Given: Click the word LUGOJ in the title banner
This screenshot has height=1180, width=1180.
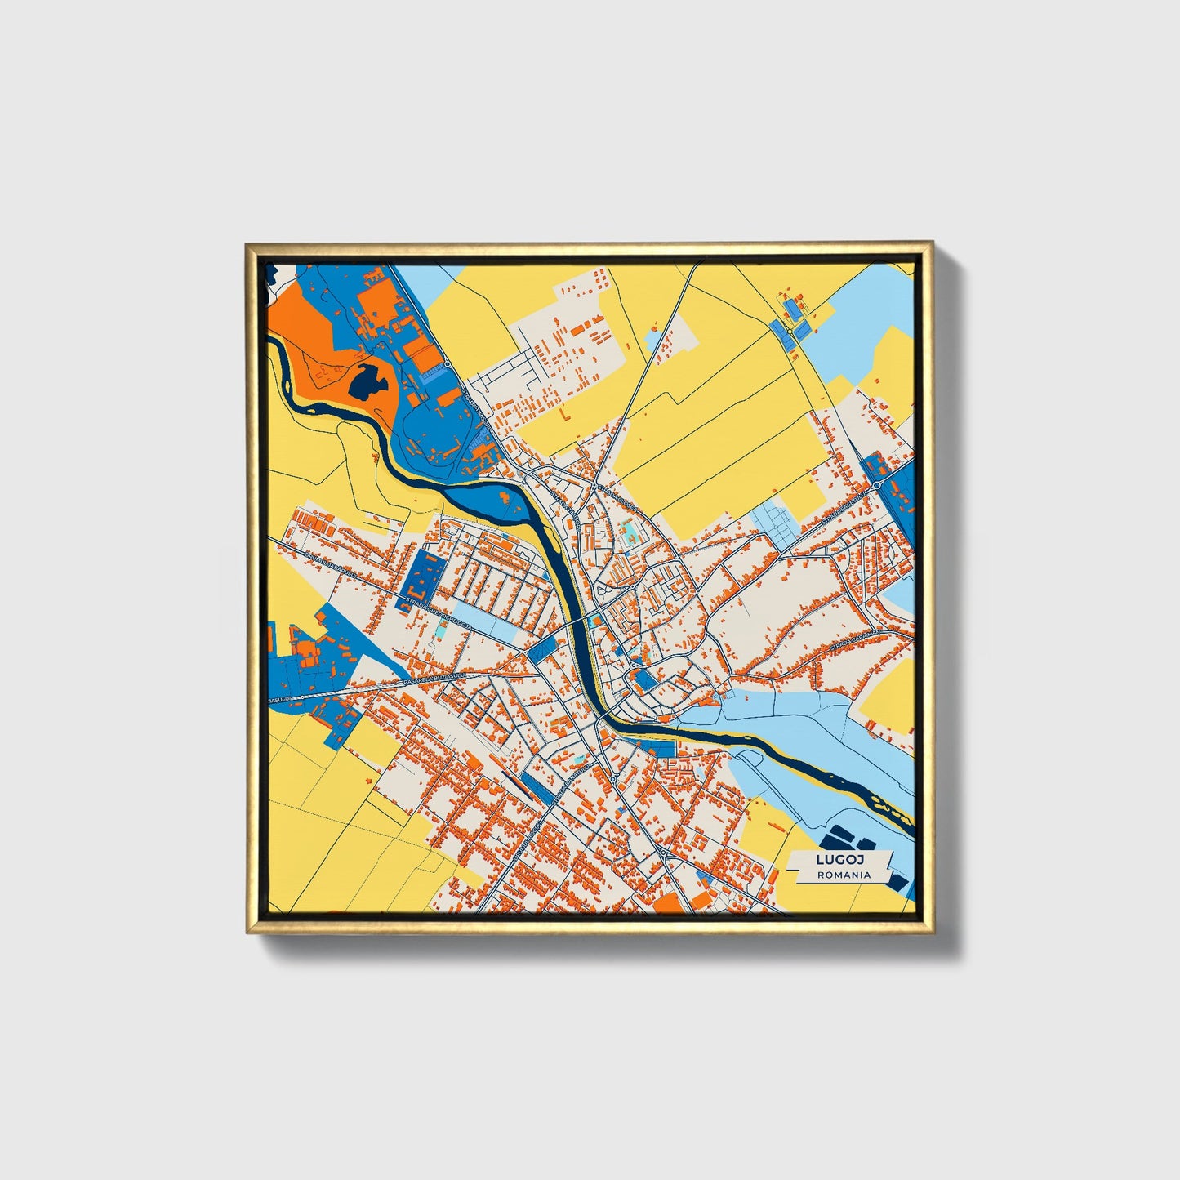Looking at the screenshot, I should [840, 860].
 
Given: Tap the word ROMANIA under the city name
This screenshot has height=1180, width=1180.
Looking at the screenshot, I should [844, 875].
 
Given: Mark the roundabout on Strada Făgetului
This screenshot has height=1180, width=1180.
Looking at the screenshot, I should [876, 485].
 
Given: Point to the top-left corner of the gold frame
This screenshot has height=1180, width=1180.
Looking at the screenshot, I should [247, 245].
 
